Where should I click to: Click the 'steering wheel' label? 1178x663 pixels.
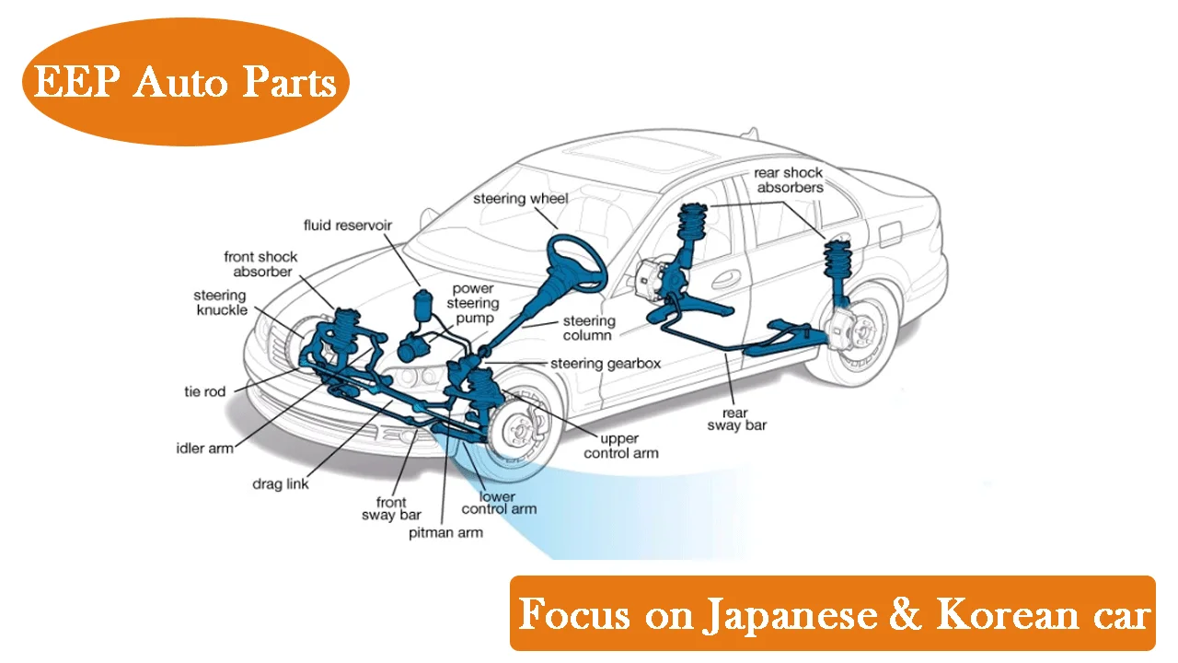521,198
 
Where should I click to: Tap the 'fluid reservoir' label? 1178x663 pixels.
348,226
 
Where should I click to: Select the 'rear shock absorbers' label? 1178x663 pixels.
789,180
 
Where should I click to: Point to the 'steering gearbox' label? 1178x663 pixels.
606,364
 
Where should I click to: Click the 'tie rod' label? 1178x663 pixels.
204,391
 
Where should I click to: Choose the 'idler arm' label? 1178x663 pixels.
204,448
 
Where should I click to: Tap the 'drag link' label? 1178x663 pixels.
281,484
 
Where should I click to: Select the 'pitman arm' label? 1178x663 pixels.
446,533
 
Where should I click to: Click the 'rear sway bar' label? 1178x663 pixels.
737,419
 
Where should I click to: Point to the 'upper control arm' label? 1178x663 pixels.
620,446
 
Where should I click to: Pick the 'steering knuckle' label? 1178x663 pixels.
221,303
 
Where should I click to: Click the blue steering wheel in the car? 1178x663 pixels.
577,262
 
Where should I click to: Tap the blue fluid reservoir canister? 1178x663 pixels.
422,305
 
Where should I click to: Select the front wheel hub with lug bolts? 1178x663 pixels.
517,430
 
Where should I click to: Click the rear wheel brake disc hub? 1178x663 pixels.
859,331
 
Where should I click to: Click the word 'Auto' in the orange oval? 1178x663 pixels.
179,82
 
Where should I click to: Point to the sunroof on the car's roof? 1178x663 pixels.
644,156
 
